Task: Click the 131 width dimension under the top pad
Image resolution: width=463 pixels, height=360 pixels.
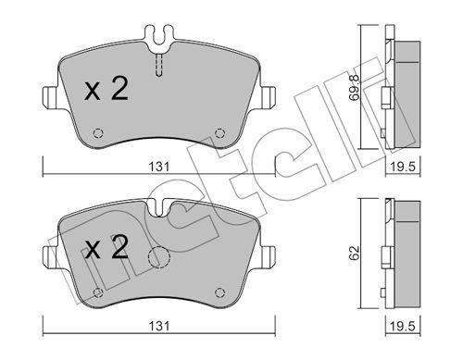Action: (159, 167)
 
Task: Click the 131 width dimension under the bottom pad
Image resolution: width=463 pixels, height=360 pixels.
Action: (159, 327)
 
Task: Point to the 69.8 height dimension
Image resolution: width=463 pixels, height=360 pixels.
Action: (354, 88)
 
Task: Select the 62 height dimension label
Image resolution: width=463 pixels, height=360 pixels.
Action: (355, 253)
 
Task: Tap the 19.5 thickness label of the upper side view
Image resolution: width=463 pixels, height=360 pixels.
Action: (404, 167)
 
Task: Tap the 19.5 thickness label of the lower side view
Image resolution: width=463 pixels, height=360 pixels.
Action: (404, 327)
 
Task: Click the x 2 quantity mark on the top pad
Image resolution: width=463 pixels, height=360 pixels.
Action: (106, 89)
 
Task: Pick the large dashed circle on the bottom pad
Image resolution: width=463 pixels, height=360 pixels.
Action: (159, 257)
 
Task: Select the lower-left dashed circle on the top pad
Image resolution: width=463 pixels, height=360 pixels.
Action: (98, 133)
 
